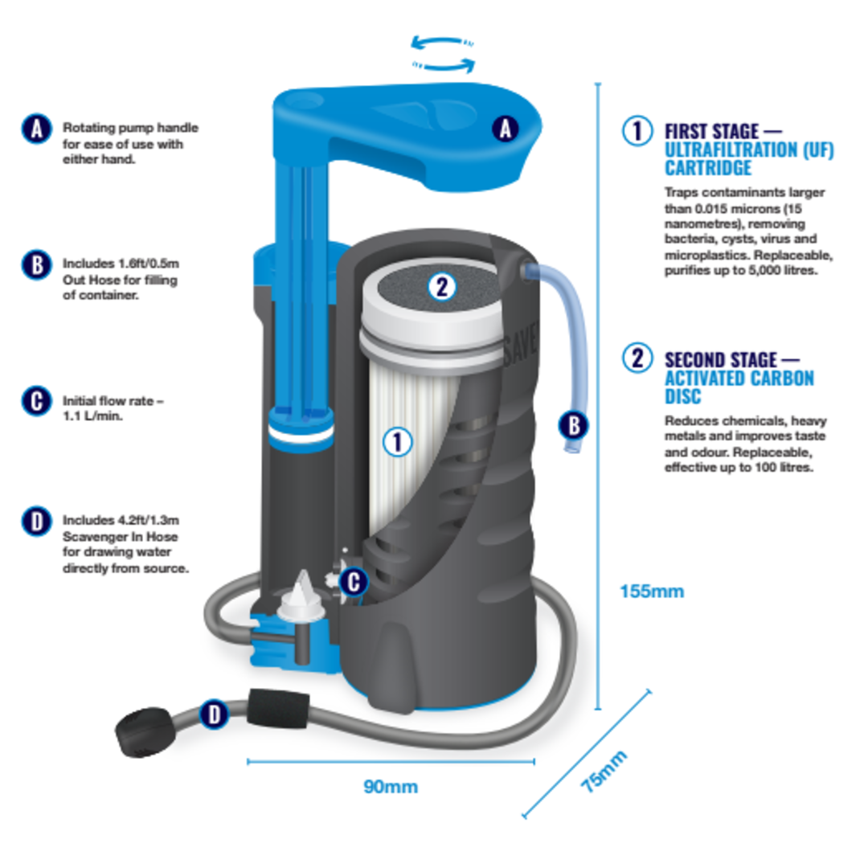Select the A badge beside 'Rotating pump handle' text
36,129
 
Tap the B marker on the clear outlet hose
573,424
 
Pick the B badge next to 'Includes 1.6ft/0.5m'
36,264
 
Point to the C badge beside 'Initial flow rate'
36,401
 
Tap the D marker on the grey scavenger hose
213,714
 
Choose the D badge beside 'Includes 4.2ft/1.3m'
36,522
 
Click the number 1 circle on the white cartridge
397,440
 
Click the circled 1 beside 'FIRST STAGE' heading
638,131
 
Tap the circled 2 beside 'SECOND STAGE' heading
638,358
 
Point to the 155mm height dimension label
652,592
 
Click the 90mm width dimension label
391,787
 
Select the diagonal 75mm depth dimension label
604,772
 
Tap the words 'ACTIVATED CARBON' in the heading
739,379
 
